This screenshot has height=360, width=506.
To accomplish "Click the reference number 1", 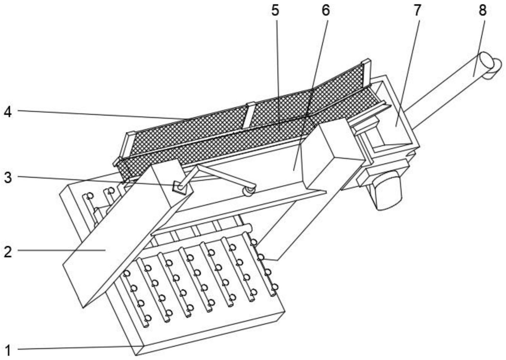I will [x=8, y=350].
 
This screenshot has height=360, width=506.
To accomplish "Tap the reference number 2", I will [x=8, y=251].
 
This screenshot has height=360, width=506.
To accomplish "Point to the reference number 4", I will [x=8, y=112].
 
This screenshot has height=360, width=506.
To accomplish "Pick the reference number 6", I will [x=325, y=10].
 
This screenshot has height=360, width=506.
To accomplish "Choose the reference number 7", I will [x=417, y=10].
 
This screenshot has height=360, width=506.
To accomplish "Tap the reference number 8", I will [x=483, y=10].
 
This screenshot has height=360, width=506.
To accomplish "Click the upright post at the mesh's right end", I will [x=366, y=72].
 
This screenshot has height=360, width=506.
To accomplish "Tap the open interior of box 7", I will [x=395, y=121].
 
